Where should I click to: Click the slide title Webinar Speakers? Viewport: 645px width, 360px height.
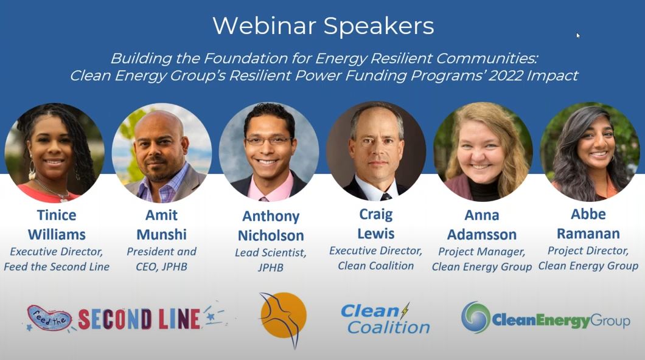point(323,26)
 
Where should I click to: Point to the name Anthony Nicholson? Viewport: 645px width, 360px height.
point(271,226)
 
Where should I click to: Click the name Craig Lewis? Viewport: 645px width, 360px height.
point(375,224)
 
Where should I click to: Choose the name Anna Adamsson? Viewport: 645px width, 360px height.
point(482,225)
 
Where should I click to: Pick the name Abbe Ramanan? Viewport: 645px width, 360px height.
point(588,225)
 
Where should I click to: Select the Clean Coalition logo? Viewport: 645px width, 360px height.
point(385,319)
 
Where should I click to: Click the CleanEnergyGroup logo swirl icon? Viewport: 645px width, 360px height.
point(475,317)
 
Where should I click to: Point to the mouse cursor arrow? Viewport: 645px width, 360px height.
point(578,35)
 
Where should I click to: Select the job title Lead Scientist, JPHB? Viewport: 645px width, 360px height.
point(270,259)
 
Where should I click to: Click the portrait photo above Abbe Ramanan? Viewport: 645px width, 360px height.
point(589,151)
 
